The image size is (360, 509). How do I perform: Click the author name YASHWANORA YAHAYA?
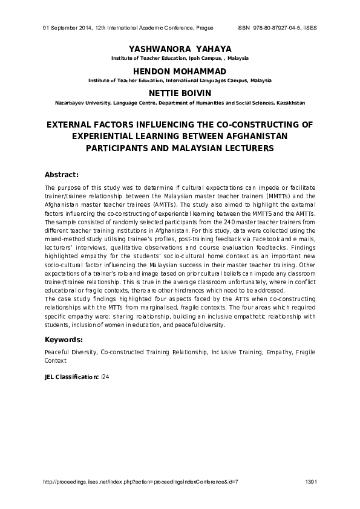tap(180, 48)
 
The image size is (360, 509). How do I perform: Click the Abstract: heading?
tap(62, 175)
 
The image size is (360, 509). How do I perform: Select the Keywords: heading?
tap(64, 339)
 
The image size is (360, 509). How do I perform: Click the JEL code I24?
tap(105, 377)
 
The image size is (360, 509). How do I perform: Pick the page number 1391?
tap(311, 481)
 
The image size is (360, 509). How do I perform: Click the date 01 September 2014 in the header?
tap(67, 28)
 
